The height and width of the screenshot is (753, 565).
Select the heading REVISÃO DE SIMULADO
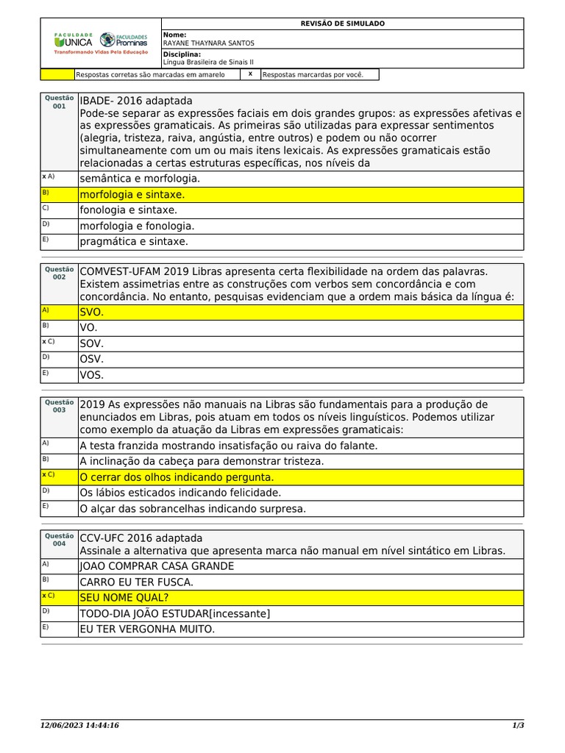point(342,24)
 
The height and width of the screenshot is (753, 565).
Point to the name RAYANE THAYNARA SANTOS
point(208,43)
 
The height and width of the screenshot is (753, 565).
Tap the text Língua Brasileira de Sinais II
point(207,63)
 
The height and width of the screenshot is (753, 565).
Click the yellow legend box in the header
point(57,74)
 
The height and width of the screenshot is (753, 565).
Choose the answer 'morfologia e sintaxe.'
point(132,195)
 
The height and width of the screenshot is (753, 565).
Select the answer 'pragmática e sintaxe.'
point(134,241)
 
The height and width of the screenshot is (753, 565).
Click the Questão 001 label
point(59,101)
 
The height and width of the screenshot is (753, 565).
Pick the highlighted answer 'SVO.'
point(92,313)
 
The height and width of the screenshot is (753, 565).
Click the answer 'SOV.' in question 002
point(92,343)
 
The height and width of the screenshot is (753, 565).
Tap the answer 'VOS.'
point(92,375)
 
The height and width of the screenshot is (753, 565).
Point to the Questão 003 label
point(59,406)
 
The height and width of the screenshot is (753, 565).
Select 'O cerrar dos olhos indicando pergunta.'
point(177,477)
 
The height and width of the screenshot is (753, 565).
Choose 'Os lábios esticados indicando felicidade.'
point(180,493)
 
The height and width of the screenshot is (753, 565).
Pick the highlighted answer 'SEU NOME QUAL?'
point(124,597)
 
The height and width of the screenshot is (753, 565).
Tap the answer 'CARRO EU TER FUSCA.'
point(136,582)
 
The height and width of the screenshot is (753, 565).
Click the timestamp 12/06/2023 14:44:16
point(79,726)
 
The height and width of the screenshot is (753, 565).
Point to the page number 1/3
point(517,726)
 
